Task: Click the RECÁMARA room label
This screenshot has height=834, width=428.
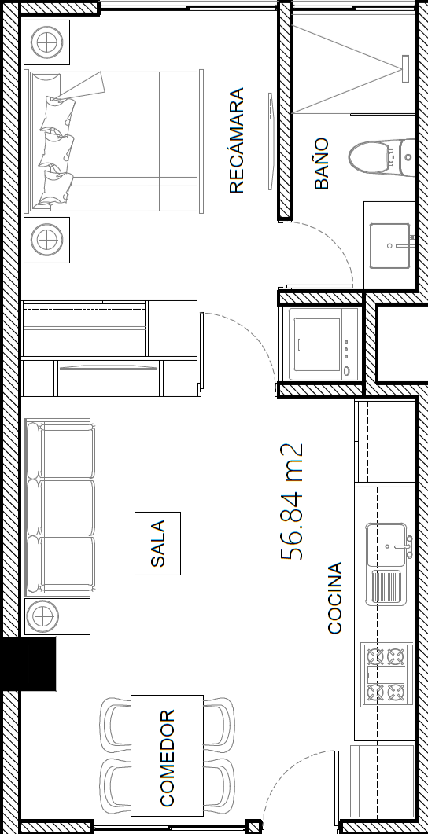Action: [236, 141]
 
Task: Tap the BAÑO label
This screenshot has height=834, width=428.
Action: [322, 163]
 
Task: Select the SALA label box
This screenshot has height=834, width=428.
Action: [157, 543]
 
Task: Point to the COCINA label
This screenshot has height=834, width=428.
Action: [335, 598]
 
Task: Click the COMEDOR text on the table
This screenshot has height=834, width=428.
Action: [167, 758]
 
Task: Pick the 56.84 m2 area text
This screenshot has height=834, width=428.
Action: [292, 502]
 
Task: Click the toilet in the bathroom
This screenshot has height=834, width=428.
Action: [382, 157]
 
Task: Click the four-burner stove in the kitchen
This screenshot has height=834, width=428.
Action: [386, 674]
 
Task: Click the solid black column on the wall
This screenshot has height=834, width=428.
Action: [28, 663]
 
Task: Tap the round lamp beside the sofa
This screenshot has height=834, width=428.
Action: [42, 616]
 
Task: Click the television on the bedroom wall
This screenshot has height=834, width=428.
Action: [271, 141]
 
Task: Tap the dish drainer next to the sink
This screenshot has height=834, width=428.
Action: [387, 586]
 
